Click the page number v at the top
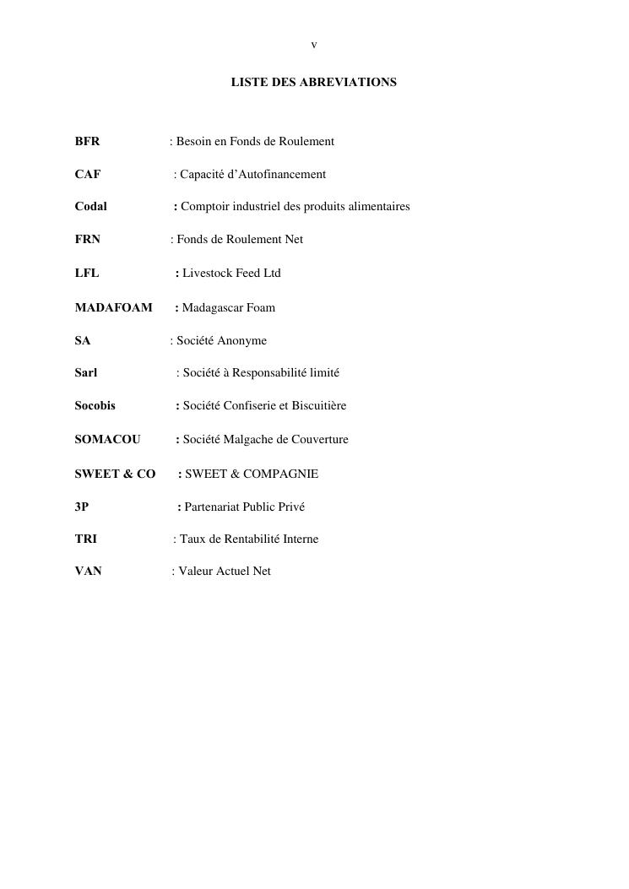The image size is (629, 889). coord(314,45)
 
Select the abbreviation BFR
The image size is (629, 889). coord(87,141)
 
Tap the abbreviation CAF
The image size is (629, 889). coord(88,174)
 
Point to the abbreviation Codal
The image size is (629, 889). coord(90,206)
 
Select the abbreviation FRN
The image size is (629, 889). coord(88,239)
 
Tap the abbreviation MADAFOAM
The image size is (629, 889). coord(113,307)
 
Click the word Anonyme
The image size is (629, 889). coord(242,340)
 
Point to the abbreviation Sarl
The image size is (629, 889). coord(86,372)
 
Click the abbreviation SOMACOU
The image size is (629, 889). coord(107,439)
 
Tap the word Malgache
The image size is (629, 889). coord(247,439)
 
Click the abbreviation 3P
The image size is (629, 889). coord(81,507)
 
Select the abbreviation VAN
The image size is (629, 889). coord(88,571)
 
